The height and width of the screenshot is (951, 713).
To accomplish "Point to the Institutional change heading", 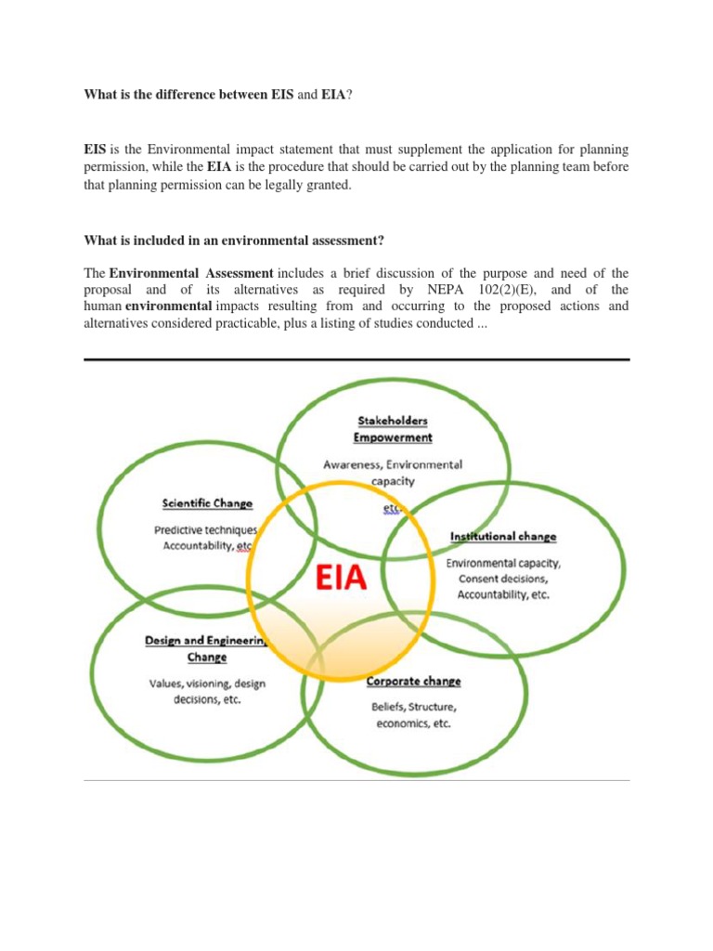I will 503,536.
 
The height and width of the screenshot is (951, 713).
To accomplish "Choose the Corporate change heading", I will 413,681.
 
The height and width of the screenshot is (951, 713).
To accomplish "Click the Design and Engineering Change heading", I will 206,648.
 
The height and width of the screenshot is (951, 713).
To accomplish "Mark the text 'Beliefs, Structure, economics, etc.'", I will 415,714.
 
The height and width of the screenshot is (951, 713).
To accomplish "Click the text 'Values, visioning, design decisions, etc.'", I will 207,691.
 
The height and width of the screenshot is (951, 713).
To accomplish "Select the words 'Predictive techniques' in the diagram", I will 205,530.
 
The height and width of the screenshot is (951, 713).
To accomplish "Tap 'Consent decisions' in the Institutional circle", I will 502,579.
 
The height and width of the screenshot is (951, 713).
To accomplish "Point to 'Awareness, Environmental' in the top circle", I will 392,464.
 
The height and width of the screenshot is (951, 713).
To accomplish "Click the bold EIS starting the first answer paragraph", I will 96,150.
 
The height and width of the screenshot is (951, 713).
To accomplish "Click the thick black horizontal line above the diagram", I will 356,359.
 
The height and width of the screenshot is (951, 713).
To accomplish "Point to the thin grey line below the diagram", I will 356,780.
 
